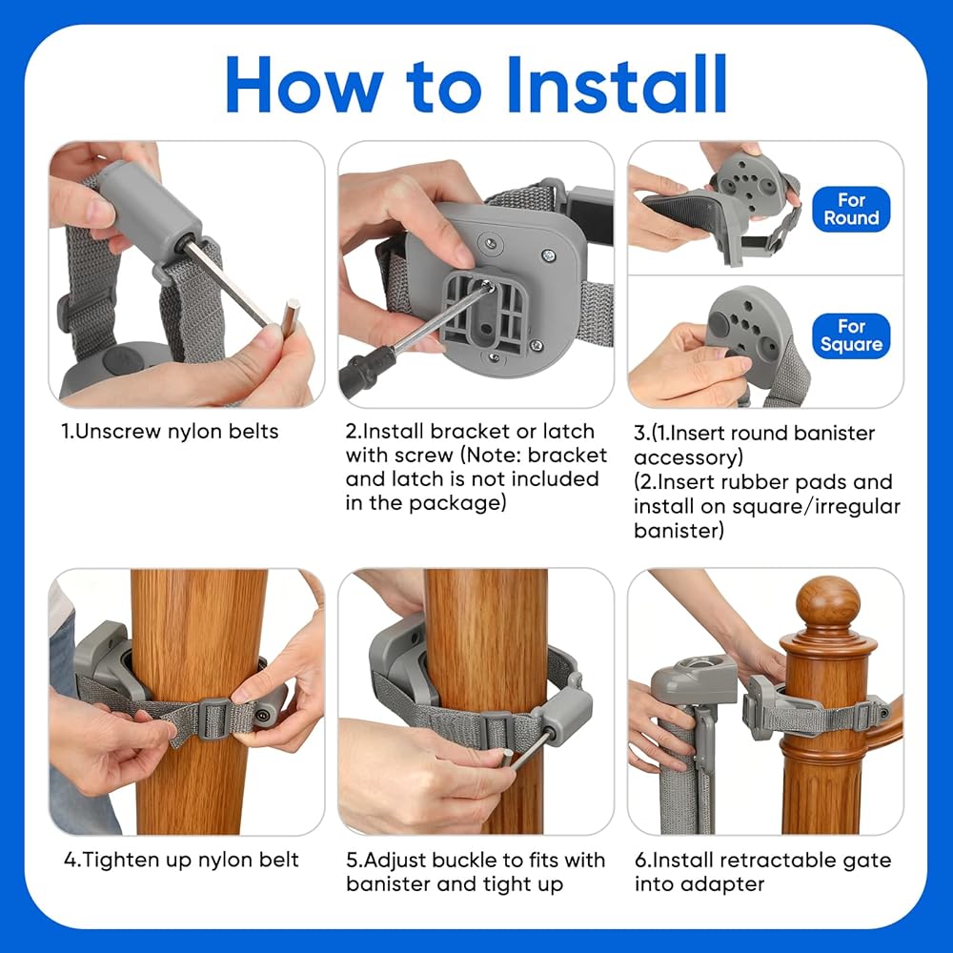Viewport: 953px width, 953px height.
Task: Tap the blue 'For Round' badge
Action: pos(851,209)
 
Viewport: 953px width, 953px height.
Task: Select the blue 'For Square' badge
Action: pos(851,335)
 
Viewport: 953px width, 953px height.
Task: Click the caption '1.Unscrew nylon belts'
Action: pos(170,432)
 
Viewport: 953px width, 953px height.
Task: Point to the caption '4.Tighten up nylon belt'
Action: pos(181,860)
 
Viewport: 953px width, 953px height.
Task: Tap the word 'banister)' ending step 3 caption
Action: pos(679,531)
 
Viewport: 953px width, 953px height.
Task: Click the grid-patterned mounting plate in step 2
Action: pos(485,310)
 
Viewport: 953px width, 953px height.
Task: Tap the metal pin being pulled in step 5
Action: pos(528,753)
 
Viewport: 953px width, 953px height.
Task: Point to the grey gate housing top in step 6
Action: pos(694,673)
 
